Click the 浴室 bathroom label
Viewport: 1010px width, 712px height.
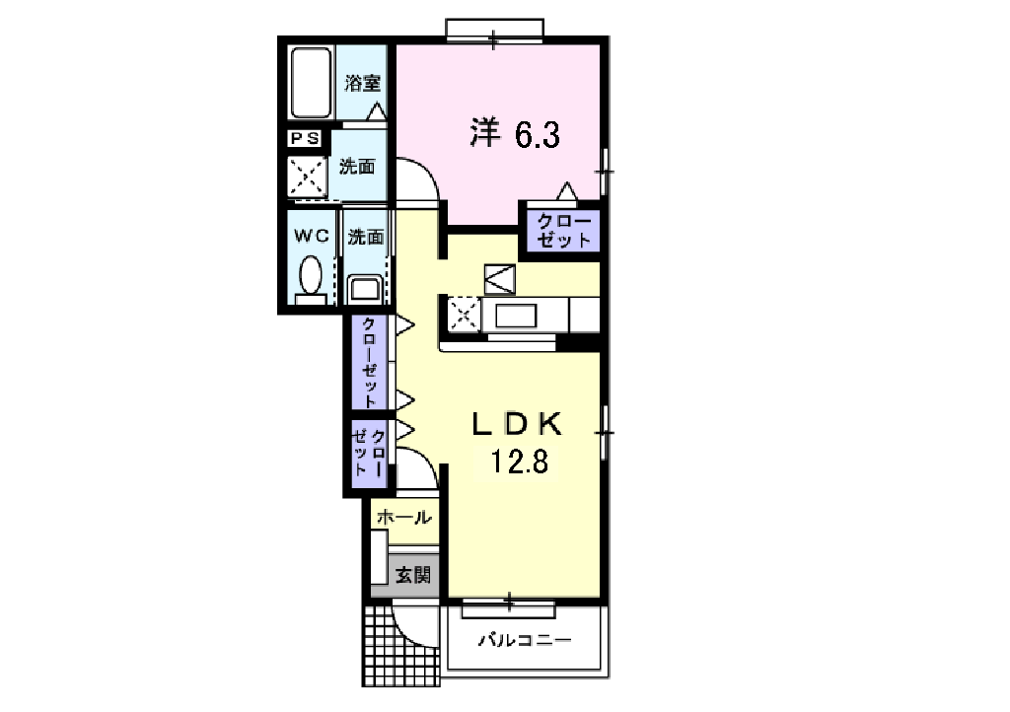tap(363, 83)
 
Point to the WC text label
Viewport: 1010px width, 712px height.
tap(311, 236)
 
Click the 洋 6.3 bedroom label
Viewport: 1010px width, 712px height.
tap(514, 134)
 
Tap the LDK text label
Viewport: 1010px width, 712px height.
tap(517, 424)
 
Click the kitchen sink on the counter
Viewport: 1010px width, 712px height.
tap(516, 317)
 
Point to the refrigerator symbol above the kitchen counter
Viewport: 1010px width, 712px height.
tap(499, 279)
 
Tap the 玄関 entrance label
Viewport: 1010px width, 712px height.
tap(412, 575)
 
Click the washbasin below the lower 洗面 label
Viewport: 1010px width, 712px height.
tap(364, 289)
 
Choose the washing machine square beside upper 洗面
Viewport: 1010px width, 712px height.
tap(306, 178)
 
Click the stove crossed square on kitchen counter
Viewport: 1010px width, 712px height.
tap(464, 316)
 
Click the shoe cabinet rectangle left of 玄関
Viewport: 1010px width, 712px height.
tap(379, 558)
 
